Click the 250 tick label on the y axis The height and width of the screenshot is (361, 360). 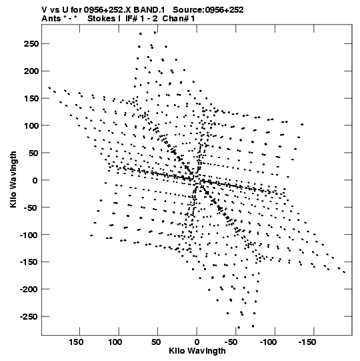[x=31, y=44]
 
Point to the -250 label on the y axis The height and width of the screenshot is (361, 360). [x=29, y=317]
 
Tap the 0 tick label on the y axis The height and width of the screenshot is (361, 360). [x=35, y=180]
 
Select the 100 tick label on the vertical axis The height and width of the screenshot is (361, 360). [x=31, y=125]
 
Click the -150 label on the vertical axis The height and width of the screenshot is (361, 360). [x=29, y=262]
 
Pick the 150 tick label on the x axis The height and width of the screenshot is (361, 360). [x=76, y=342]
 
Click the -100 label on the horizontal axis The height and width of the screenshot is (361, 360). [x=268, y=342]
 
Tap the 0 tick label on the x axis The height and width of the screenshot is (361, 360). [x=197, y=342]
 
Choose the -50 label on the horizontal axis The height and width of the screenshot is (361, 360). [x=231, y=342]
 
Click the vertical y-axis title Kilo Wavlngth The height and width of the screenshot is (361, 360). [x=13, y=179]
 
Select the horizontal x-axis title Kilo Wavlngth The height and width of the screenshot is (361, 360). [x=197, y=351]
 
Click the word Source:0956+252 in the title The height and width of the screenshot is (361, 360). [x=208, y=10]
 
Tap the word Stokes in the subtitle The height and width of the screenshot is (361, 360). [x=102, y=19]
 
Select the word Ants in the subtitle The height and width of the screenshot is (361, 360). [x=50, y=19]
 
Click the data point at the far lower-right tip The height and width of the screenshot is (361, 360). [x=344, y=272]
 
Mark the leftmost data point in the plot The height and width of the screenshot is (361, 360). [x=49, y=87]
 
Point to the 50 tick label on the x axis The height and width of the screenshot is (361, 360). [x=156, y=342]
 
